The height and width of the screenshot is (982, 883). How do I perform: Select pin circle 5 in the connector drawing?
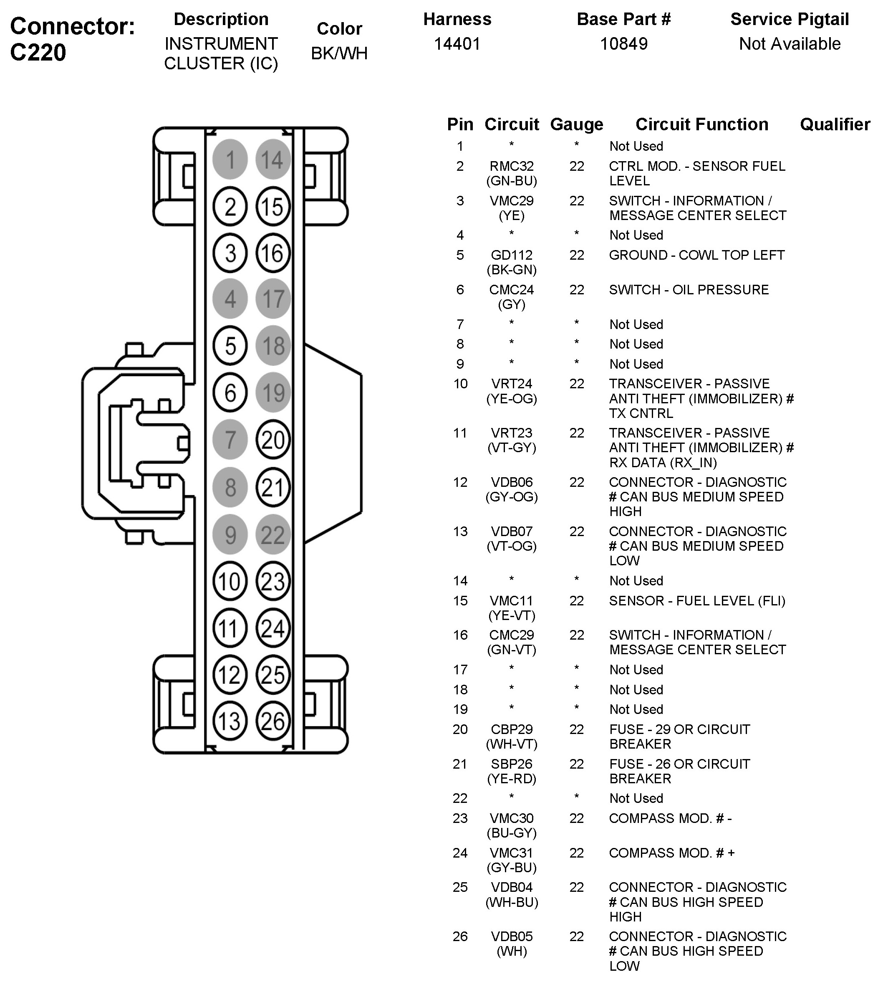click(x=230, y=346)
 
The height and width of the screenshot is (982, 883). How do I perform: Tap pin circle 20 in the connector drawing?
click(x=272, y=440)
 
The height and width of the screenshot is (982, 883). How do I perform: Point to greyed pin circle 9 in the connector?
click(x=230, y=534)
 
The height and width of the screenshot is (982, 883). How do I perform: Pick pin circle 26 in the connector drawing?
click(x=272, y=721)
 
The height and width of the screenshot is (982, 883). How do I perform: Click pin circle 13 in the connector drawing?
click(x=230, y=721)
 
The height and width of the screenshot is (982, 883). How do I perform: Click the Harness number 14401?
click(x=457, y=44)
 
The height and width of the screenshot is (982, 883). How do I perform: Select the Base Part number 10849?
click(x=623, y=44)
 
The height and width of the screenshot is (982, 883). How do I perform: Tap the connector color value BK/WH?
click(x=339, y=53)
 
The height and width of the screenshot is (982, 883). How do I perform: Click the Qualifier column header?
click(x=835, y=124)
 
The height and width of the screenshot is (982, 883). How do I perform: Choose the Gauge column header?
click(x=576, y=124)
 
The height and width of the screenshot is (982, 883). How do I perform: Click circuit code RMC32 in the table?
click(x=511, y=166)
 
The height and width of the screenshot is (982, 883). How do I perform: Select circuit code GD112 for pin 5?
click(x=511, y=255)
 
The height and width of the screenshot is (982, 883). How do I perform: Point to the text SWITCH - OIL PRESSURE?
click(x=689, y=290)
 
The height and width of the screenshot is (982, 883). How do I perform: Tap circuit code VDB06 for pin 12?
click(x=511, y=482)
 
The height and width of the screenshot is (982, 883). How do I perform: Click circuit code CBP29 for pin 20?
click(x=511, y=729)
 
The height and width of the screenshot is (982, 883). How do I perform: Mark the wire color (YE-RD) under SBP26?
click(x=511, y=779)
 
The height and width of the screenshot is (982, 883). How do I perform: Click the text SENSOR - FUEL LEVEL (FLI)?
click(x=697, y=600)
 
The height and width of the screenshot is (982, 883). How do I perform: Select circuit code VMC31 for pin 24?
click(x=511, y=853)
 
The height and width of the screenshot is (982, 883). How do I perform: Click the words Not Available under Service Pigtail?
click(x=790, y=44)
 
